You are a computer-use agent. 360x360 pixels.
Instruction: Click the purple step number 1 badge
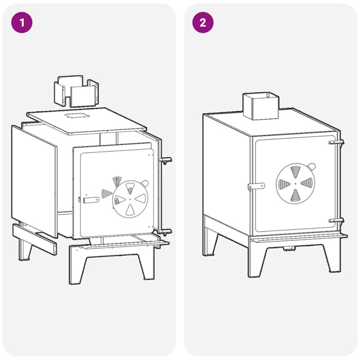pos(22,22)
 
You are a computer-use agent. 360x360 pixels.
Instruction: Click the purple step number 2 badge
pos(203,22)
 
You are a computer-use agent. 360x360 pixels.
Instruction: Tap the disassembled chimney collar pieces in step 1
pos(76,91)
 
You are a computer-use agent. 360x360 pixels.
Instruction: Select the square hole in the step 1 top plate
pos(76,115)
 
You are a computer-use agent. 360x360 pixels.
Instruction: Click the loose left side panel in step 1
pos(34,181)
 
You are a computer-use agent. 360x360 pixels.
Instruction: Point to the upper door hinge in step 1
pos(165,161)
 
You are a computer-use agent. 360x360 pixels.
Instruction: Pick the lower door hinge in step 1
pos(165,232)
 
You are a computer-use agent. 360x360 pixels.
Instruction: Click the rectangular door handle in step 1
pos(91,200)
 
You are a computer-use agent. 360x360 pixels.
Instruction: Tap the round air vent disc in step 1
pos(130,199)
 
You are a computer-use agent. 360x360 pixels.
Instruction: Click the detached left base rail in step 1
pos(35,239)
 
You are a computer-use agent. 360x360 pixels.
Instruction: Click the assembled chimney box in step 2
pos(261,106)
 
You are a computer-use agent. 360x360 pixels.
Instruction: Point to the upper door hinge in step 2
pos(336,142)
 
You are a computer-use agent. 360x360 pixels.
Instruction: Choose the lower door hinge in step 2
pos(336,220)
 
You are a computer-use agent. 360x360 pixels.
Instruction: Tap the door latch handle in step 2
pos(256,186)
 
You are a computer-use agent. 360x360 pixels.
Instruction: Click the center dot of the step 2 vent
pos(296,184)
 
